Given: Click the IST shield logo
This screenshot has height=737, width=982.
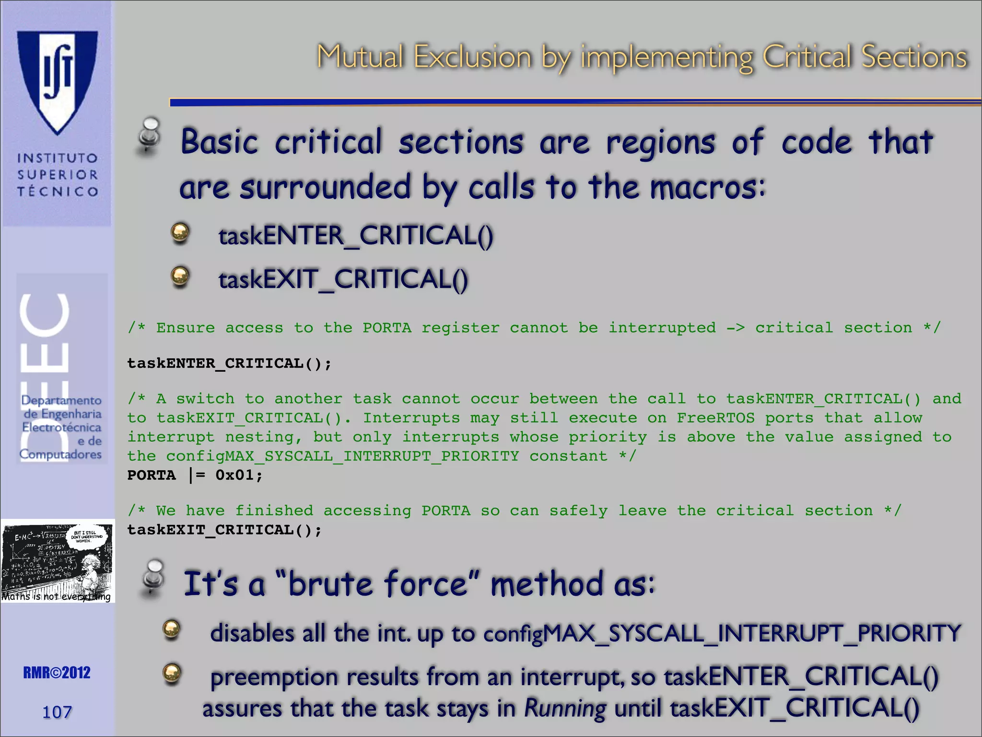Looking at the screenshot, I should pyautogui.click(x=58, y=82).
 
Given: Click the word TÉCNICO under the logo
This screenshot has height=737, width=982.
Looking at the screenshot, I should pyautogui.click(x=58, y=191).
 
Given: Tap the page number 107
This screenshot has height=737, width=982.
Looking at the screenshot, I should pyautogui.click(x=57, y=712).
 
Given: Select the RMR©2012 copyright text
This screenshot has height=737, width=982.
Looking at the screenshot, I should pyautogui.click(x=57, y=673).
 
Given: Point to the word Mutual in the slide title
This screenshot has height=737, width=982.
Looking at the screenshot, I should pyautogui.click(x=360, y=57).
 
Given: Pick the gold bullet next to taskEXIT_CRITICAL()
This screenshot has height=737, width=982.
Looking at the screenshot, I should pyautogui.click(x=180, y=277).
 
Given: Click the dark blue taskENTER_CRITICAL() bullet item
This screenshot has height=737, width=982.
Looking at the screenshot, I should pyautogui.click(x=355, y=236).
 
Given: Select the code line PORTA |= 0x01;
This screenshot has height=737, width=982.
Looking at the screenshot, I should pyautogui.click(x=195, y=475).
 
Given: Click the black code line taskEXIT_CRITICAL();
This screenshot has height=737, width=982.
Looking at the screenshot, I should pyautogui.click(x=224, y=530).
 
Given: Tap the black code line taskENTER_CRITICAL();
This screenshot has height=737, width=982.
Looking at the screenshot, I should pyautogui.click(x=229, y=363).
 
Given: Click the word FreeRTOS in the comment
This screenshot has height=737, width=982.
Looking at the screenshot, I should pyautogui.click(x=715, y=418).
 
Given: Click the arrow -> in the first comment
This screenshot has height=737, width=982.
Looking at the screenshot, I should pyautogui.click(x=735, y=328).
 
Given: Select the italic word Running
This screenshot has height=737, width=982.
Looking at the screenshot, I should pyautogui.click(x=565, y=708).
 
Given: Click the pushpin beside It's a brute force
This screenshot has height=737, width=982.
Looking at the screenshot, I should pyautogui.click(x=153, y=578).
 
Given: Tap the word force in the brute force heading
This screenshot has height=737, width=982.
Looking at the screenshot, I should pyautogui.click(x=426, y=584).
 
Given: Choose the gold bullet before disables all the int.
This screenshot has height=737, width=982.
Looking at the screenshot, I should pyautogui.click(x=171, y=630).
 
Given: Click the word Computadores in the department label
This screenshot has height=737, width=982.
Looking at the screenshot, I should pyautogui.click(x=60, y=454).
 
